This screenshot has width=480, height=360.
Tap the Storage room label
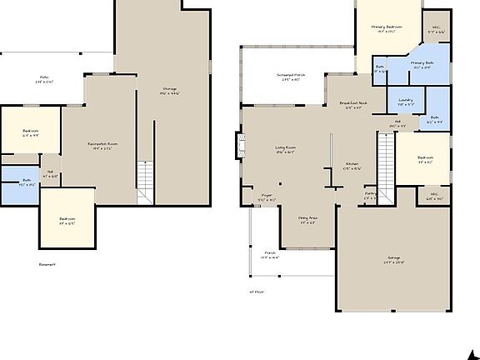click(170, 90)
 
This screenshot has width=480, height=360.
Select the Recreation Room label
click(102, 145)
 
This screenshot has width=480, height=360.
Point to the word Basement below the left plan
click(47, 264)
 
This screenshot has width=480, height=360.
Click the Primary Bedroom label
click(387, 29)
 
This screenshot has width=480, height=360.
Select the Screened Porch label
click(291, 77)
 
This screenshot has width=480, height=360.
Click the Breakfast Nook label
click(352, 104)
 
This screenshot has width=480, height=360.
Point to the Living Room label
click(286, 150)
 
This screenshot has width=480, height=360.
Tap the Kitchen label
click(352, 165)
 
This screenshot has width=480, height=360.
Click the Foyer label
click(266, 199)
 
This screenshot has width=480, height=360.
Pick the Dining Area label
click(307, 220)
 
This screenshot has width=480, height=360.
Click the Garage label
click(394, 260)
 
